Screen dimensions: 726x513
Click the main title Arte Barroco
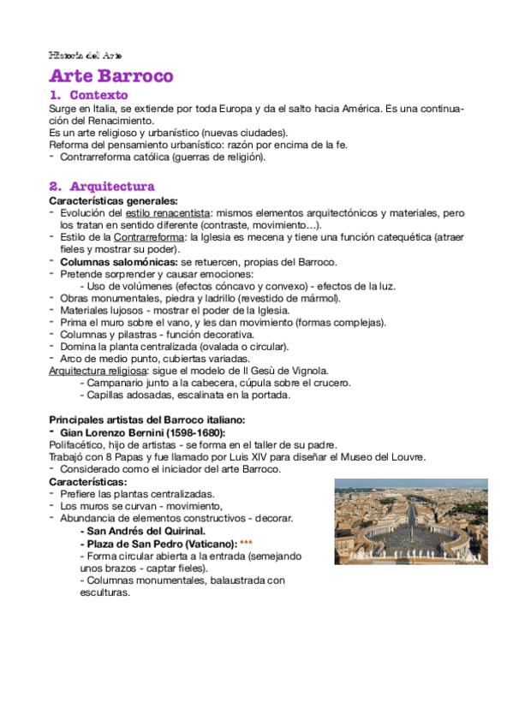[x=111, y=76]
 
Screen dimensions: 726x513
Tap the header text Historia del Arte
[x=86, y=55]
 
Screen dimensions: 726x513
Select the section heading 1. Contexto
[x=89, y=95]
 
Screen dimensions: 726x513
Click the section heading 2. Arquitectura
[x=102, y=186]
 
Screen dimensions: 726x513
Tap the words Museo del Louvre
[x=382, y=457]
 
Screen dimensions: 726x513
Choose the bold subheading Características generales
[x=101, y=199]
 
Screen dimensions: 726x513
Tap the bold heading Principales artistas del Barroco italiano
[x=146, y=420]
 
